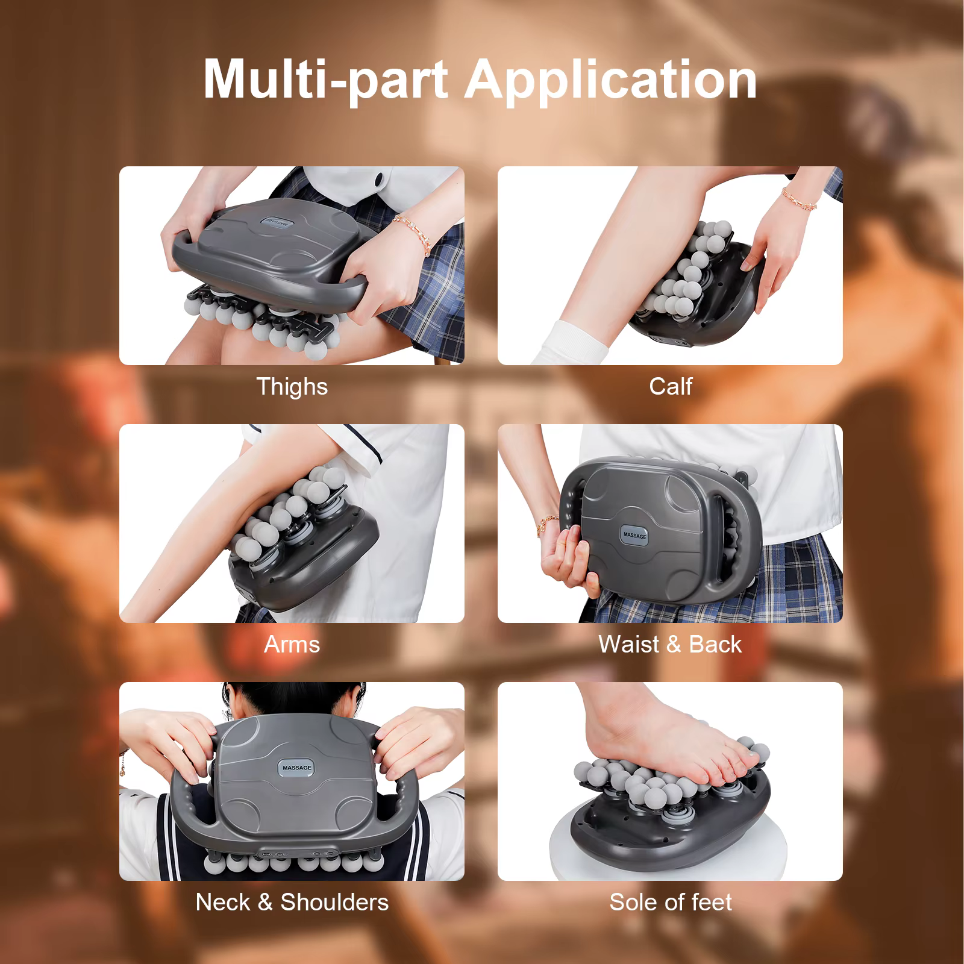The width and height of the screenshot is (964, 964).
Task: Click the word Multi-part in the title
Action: (325, 80)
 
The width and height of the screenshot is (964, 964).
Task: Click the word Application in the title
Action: (610, 80)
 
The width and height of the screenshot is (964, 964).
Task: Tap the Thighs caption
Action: (292, 386)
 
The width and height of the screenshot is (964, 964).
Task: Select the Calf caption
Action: (670, 386)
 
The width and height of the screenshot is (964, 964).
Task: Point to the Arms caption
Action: (292, 644)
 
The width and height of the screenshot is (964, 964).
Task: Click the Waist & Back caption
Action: (670, 644)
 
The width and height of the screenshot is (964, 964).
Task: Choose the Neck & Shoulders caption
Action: (292, 902)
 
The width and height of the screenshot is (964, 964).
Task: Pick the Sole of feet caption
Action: (670, 902)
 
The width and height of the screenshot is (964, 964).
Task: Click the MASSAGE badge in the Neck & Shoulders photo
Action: (297, 768)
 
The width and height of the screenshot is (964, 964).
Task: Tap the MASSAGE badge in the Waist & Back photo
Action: (634, 535)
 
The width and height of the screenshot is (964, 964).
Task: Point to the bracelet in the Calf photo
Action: (800, 198)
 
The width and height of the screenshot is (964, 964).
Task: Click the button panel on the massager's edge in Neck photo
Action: (301, 854)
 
